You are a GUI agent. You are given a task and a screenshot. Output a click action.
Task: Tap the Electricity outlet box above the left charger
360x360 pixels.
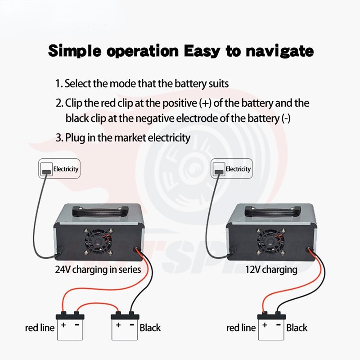pyautogui.click(x=59, y=169)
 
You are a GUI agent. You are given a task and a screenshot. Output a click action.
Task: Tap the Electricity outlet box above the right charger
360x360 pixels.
pyautogui.click(x=232, y=169)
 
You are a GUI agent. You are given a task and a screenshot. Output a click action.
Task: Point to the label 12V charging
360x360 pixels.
pyautogui.click(x=271, y=270)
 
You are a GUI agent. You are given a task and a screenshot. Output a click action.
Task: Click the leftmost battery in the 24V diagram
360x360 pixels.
pyautogui.click(x=70, y=324)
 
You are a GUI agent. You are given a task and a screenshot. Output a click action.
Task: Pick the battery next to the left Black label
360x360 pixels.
pyautogui.click(x=124, y=324)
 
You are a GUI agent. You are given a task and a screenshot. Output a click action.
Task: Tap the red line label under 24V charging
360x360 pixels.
pyautogui.click(x=40, y=328)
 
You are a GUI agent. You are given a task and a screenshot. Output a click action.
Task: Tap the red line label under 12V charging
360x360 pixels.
pyautogui.click(x=241, y=328)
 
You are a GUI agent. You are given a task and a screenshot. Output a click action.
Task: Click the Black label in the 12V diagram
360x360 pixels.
pyautogui.click(x=297, y=328)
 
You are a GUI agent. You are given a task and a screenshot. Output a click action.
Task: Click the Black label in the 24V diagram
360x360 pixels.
pyautogui.click(x=150, y=328)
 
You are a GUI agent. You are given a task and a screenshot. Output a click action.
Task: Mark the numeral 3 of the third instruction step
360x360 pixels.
pyautogui.click(x=58, y=138)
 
